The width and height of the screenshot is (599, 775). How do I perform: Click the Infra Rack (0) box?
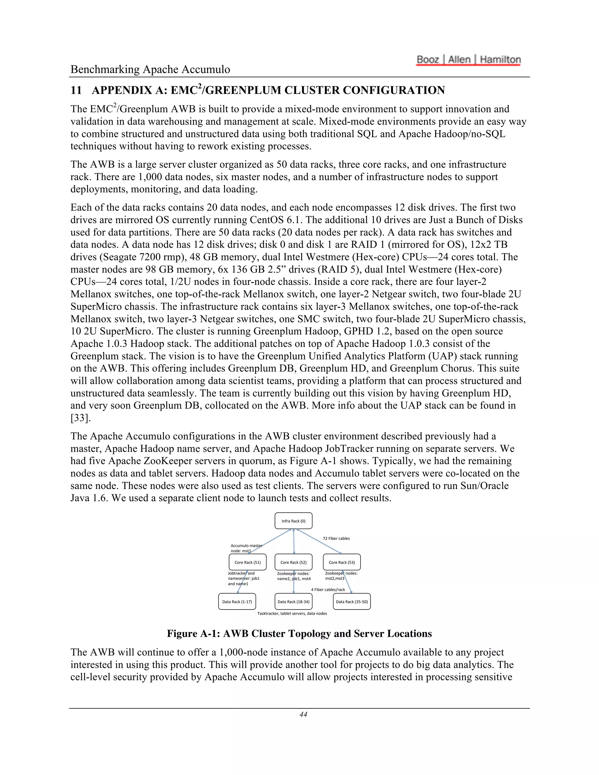293,521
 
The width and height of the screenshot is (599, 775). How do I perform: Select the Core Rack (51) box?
247,562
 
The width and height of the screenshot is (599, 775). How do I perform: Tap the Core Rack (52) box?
293,562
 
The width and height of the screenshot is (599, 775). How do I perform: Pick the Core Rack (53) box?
341,562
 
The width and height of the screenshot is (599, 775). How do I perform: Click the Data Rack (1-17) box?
237,602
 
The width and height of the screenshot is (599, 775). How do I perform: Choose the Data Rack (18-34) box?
293,602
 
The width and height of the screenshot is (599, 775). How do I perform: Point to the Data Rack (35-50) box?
352,602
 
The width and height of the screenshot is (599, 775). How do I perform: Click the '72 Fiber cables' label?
336,538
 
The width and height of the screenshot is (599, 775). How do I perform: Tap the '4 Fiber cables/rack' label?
328,589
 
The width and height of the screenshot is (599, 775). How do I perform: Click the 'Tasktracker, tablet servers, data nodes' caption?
292,613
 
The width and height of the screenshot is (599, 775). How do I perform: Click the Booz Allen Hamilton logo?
469,60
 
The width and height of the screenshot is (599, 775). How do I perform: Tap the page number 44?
303,714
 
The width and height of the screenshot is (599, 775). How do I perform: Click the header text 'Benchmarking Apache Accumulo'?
150,69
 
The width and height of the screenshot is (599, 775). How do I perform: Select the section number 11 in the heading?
76,90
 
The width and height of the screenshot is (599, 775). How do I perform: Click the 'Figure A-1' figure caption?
299,633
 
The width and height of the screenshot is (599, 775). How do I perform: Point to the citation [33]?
80,418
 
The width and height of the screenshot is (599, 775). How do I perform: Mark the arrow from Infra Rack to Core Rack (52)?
294,541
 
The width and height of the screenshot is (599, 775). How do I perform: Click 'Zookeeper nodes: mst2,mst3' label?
341,576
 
